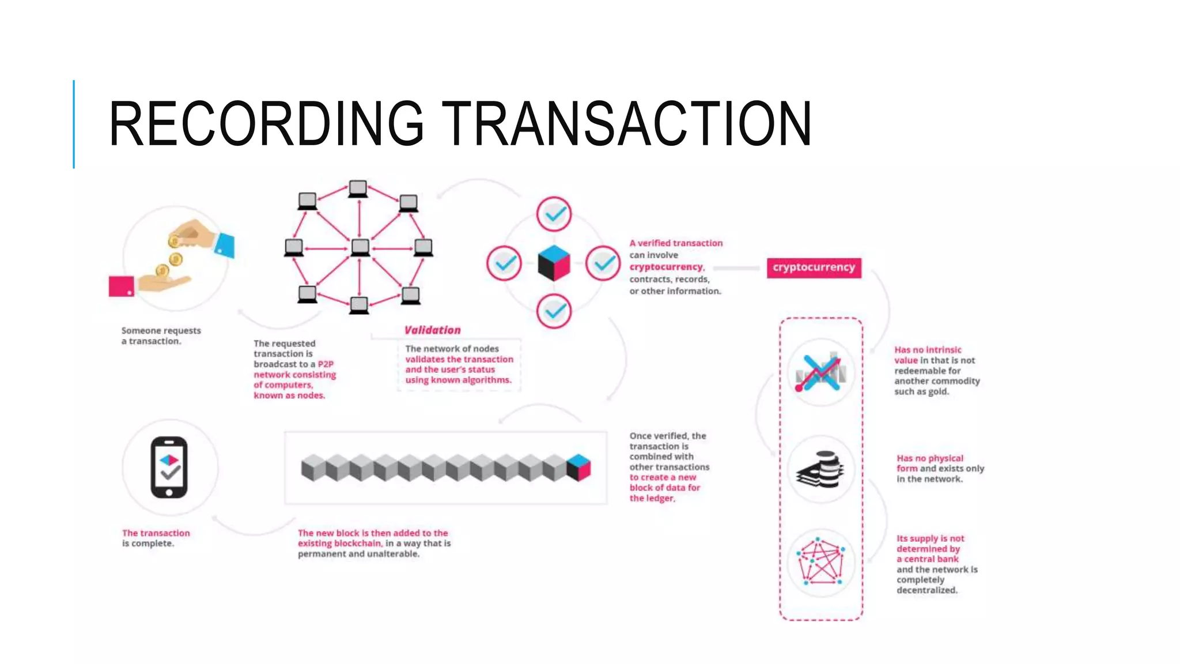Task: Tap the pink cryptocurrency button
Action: pos(814,267)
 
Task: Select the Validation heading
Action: pos(432,330)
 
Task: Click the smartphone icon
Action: pos(169,467)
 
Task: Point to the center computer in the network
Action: pos(360,248)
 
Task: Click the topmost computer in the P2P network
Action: pos(358,188)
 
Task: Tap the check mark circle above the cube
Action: pos(554,214)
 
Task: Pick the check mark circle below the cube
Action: pos(554,311)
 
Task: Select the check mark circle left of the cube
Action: pos(504,263)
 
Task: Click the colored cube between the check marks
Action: pos(554,263)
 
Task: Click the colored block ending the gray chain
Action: pos(578,467)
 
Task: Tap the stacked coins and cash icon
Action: pos(820,469)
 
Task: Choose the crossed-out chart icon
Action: pos(820,372)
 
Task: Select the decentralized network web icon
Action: pos(820,561)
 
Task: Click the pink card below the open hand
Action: pos(122,286)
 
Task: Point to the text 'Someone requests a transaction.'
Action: pos(161,335)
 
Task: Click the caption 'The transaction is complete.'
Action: pos(156,538)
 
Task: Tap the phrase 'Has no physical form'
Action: pos(929,463)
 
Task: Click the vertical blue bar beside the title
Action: pos(74,124)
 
